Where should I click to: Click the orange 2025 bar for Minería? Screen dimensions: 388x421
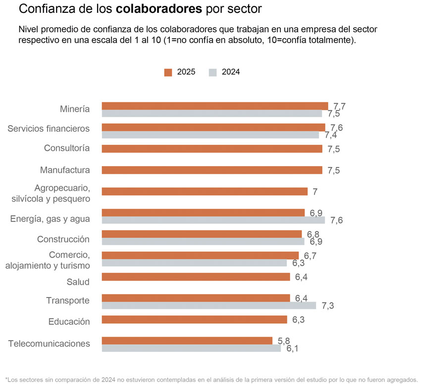pos(214,106)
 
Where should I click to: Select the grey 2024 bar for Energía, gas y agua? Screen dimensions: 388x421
pos(213,220)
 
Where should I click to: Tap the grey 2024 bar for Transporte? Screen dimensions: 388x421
pos(209,305)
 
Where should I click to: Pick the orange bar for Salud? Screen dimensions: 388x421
pos(196,277)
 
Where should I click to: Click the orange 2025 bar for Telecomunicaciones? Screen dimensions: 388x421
pos(187,341)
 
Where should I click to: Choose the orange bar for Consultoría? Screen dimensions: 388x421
pos(211,149)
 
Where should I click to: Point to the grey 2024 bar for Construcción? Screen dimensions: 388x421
pos(203,242)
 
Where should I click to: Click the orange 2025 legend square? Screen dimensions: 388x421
pos(168,73)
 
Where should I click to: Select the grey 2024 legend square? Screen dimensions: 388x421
pos(212,73)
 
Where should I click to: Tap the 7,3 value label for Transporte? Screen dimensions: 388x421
pos(327,306)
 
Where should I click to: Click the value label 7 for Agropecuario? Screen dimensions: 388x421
pos(315,192)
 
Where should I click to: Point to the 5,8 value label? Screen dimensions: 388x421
pos(284,341)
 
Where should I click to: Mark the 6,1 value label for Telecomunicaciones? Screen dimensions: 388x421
pos(292,348)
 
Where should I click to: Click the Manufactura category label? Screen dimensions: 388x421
pos(65,171)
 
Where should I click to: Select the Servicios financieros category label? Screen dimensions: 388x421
pos(49,129)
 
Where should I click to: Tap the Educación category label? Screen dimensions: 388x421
pos(69,322)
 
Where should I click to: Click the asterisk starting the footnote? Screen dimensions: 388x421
pos(6,379)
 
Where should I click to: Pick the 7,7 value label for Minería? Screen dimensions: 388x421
pos(339,106)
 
